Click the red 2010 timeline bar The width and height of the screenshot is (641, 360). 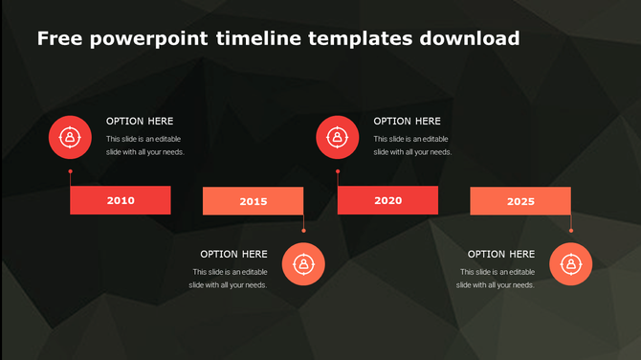tap(121, 200)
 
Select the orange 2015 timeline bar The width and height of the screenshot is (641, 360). tap(253, 201)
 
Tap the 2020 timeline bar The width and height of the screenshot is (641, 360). tap(387, 200)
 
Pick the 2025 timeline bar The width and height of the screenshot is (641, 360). tap(520, 201)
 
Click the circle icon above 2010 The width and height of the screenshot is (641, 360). tap(70, 137)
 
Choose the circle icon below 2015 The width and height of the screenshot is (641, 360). tap(303, 263)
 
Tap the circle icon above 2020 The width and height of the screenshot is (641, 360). tap(338, 137)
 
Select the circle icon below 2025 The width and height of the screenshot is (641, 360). tap(570, 263)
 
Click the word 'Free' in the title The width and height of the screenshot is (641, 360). tap(60, 39)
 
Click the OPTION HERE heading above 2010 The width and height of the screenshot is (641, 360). tap(140, 122)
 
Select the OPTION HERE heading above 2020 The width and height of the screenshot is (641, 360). tap(407, 122)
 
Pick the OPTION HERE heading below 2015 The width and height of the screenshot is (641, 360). tap(233, 255)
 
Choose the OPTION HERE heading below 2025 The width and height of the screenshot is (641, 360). tap(501, 255)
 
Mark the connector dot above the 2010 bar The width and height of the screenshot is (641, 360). tap(70, 172)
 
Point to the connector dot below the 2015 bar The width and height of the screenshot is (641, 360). tap(303, 230)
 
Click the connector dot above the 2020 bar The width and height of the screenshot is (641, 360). tap(338, 172)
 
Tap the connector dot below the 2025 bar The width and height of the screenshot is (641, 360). tap(571, 230)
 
